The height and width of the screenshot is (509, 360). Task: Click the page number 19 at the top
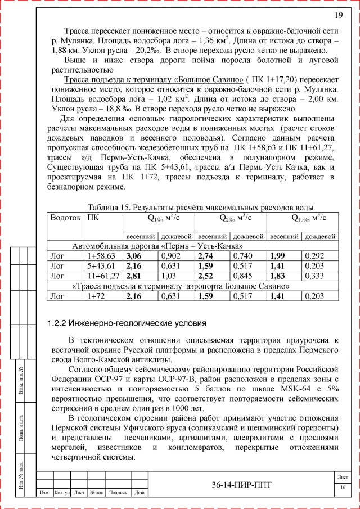pos(339,15)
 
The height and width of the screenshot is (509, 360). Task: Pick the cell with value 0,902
pos(171,256)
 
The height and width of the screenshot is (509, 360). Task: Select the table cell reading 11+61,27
pos(103,276)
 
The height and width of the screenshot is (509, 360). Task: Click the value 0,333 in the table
pos(315,276)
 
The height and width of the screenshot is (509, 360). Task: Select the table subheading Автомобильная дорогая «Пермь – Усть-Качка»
pos(157,246)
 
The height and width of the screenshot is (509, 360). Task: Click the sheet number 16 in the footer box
pos(342,487)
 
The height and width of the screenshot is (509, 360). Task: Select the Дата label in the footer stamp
pos(139,493)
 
